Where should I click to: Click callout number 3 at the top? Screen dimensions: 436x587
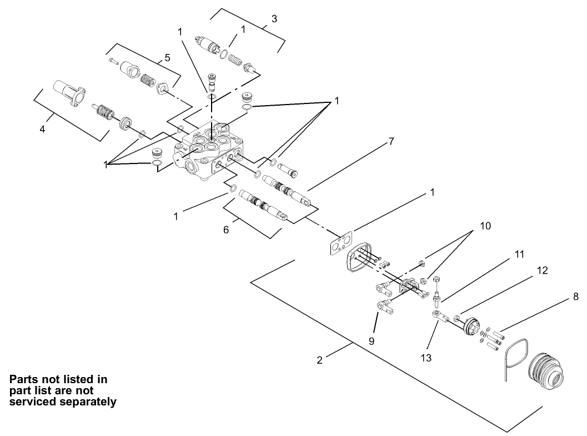tap(274, 19)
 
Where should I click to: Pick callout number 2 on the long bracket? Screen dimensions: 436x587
tap(319, 360)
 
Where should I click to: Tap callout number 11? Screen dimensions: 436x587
tap(519, 254)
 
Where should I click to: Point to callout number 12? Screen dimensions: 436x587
tap(544, 270)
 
